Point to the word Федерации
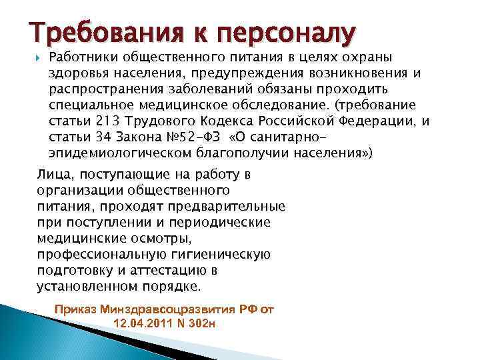[x=387, y=121]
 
